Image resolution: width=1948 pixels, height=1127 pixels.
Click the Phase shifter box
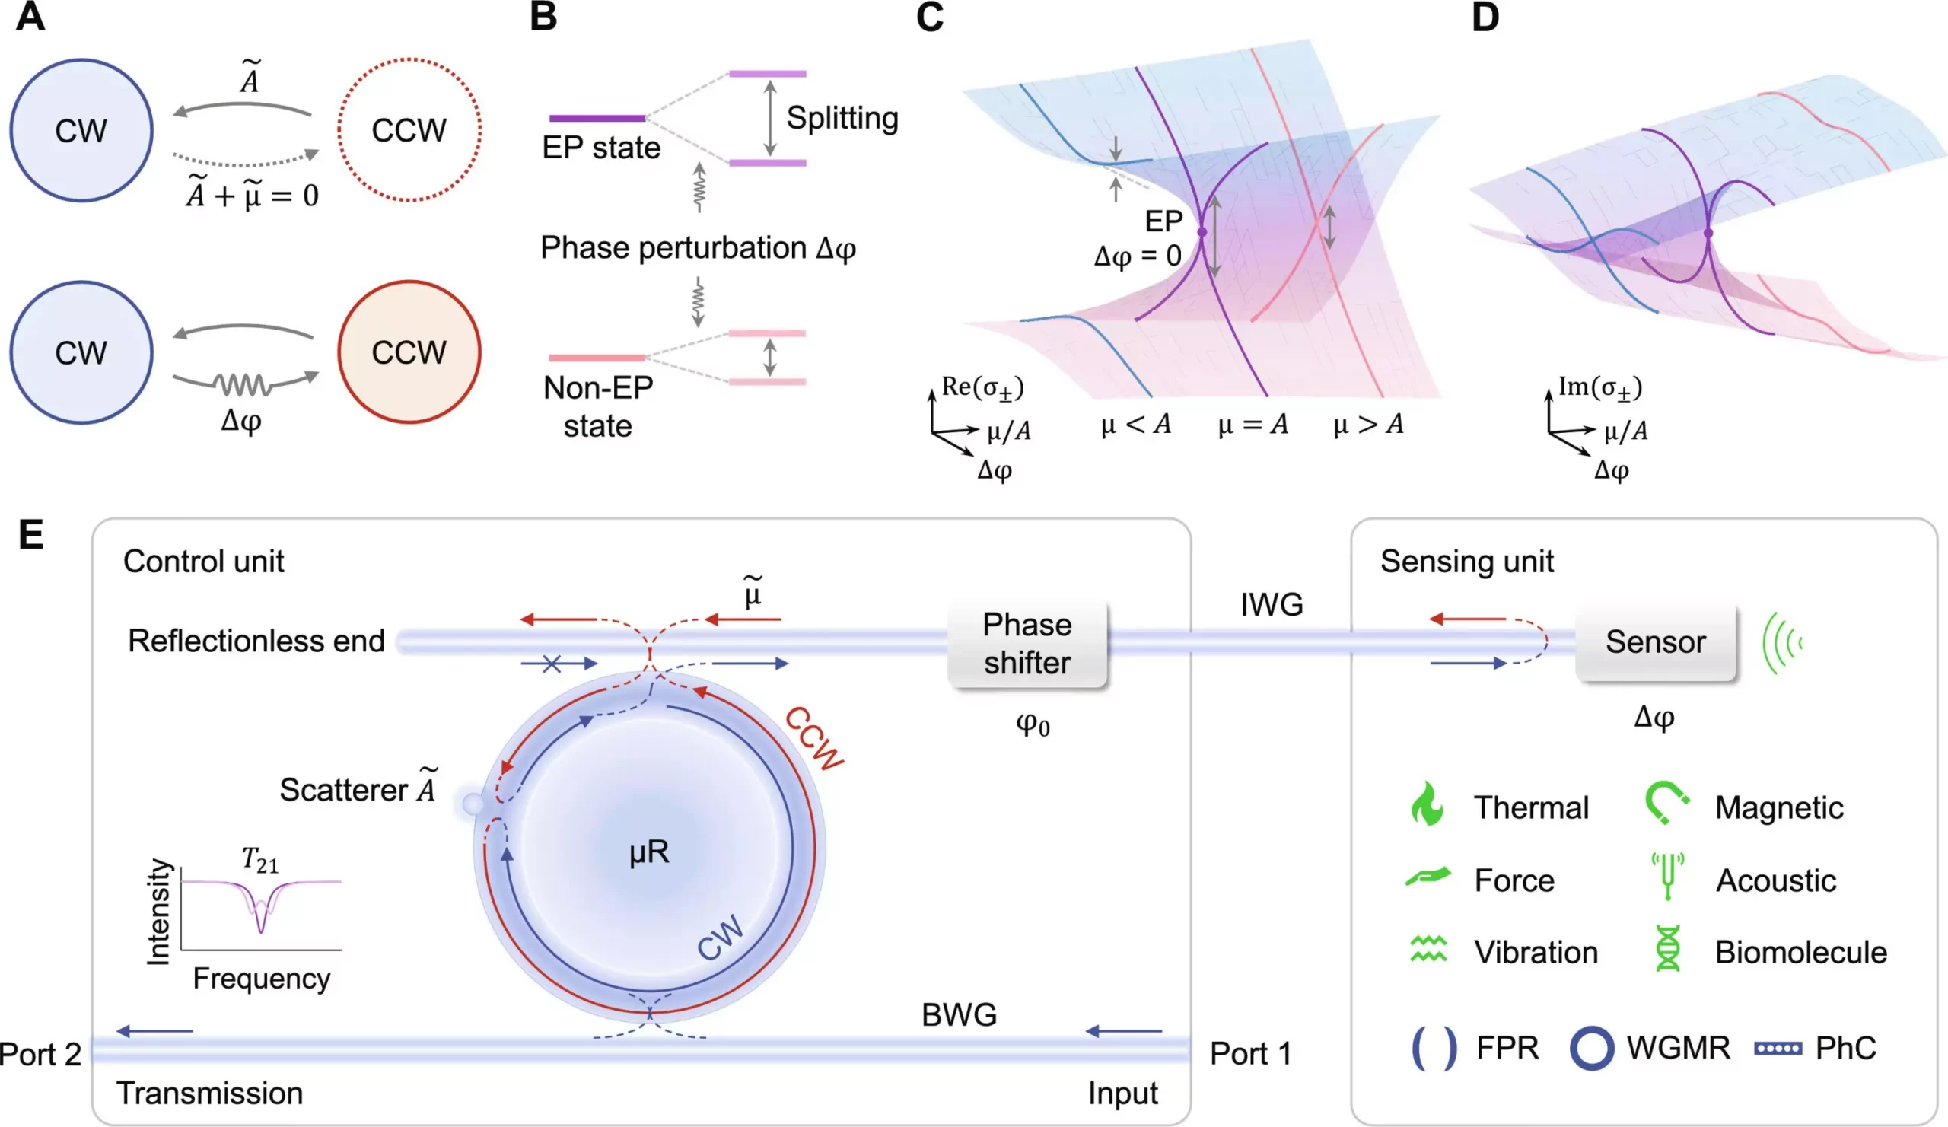tap(1027, 644)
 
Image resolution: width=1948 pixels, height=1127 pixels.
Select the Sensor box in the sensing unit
tap(1655, 642)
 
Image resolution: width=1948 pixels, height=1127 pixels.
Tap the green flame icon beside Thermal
tap(1426, 804)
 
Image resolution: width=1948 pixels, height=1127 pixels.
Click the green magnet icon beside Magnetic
tap(1666, 804)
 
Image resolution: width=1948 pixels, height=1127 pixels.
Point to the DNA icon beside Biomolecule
tap(1667, 949)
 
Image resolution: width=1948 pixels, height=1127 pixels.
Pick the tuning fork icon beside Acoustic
tap(1666, 877)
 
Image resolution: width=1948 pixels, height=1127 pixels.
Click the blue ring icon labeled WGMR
tap(1592, 1048)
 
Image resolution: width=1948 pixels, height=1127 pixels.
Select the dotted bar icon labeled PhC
tap(1778, 1049)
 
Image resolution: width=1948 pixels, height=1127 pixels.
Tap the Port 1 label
tap(1250, 1054)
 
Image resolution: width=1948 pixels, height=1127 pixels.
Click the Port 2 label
tap(40, 1055)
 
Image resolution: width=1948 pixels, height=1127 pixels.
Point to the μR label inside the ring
tap(648, 852)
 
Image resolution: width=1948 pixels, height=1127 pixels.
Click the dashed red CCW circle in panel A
tap(409, 130)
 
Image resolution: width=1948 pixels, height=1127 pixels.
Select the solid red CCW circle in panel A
tap(409, 352)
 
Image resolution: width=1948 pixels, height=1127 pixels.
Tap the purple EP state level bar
tap(597, 118)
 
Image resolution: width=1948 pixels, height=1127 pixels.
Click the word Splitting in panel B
tap(842, 118)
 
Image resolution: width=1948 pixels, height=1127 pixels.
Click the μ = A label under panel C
tap(1253, 425)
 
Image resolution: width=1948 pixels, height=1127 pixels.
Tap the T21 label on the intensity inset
tap(259, 860)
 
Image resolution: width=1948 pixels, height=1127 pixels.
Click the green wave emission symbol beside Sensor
tap(1782, 642)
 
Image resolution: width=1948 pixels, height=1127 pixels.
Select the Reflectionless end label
tap(256, 641)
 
